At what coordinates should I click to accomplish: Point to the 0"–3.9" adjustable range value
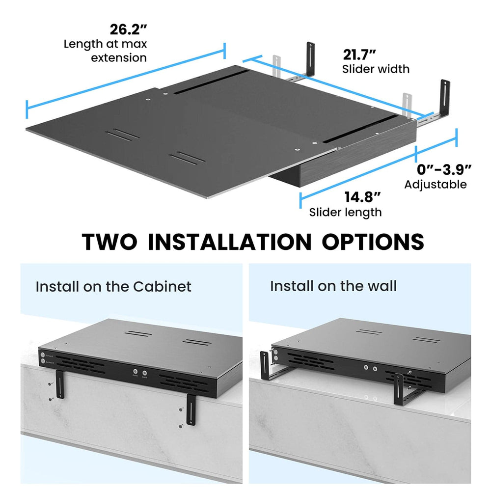click(x=444, y=169)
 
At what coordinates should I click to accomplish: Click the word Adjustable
click(x=435, y=185)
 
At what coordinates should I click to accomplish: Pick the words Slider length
click(x=345, y=212)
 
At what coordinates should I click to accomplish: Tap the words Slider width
click(x=376, y=69)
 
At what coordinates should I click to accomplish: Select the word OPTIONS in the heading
click(x=373, y=242)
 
